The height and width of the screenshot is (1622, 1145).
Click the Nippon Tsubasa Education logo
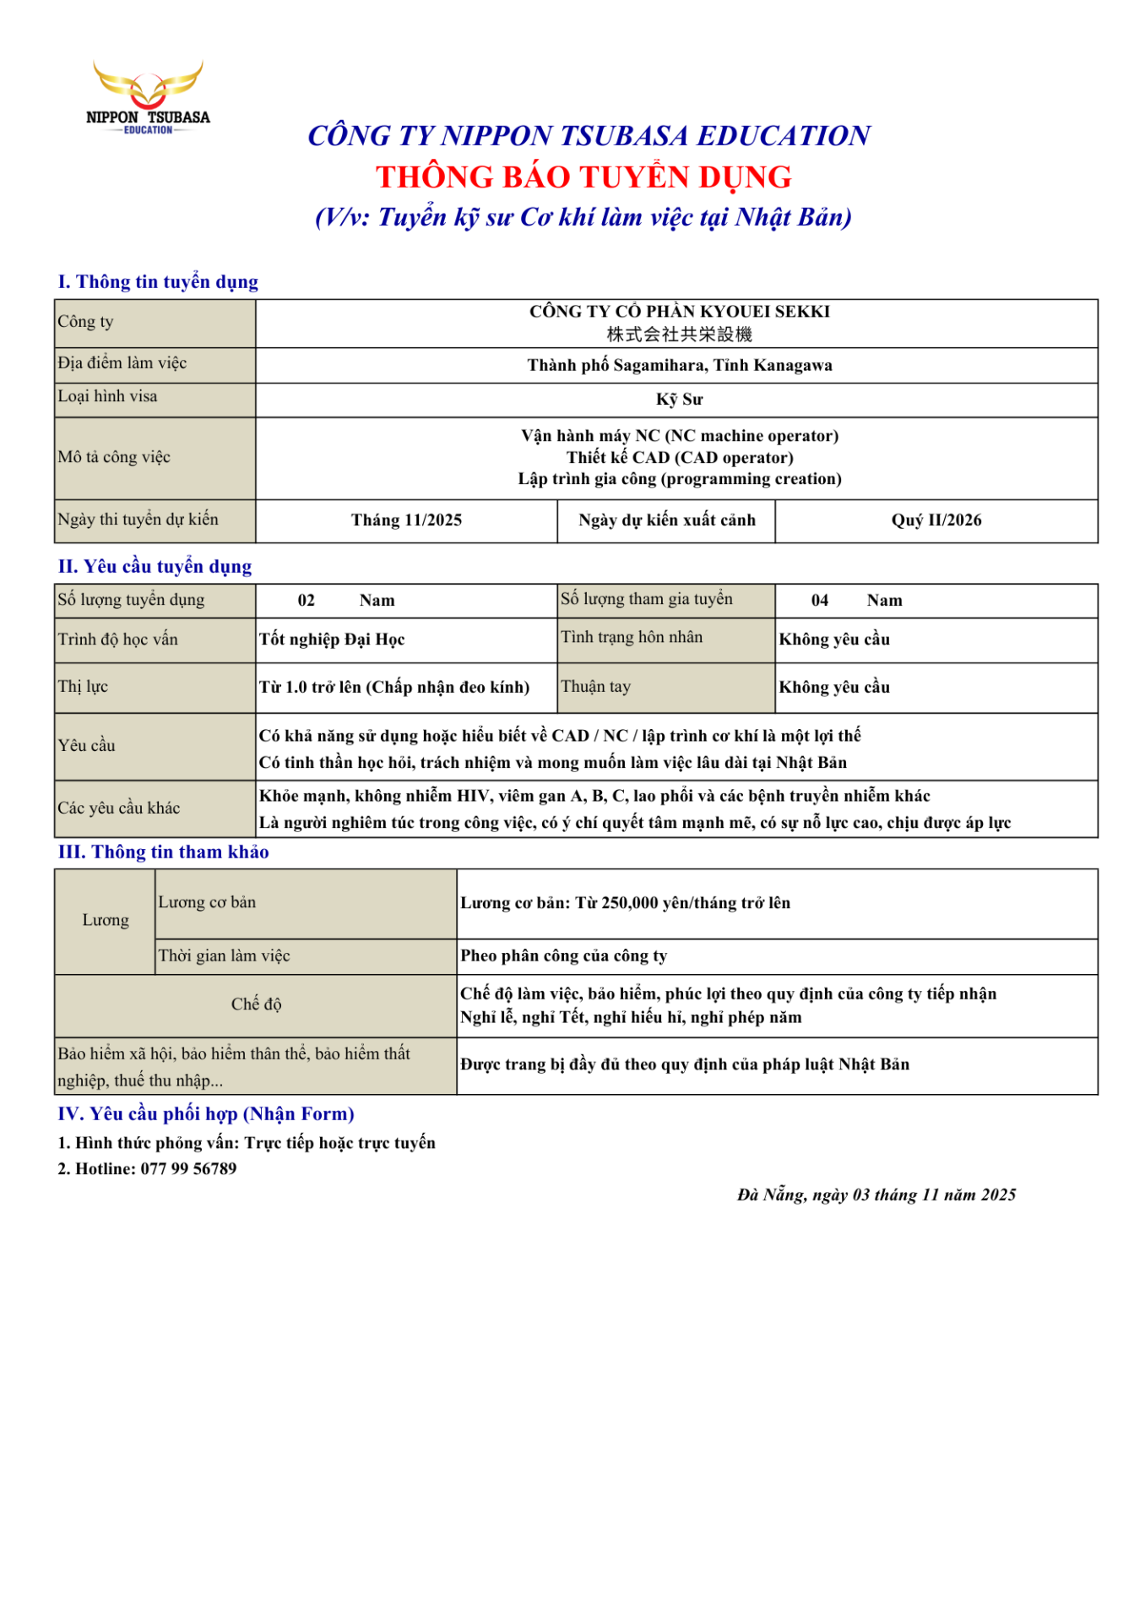pos(148,97)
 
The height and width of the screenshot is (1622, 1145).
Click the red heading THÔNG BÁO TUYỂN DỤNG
pos(583,177)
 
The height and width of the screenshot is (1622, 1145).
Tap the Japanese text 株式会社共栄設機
pos(679,335)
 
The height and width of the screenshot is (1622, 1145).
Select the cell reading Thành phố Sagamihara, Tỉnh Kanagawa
pos(679,365)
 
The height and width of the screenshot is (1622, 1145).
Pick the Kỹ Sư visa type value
pos(679,399)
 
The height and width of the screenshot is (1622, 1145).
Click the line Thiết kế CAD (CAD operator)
pos(679,457)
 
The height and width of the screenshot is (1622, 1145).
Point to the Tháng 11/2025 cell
pos(406,520)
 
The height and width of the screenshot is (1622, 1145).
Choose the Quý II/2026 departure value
pos(936,520)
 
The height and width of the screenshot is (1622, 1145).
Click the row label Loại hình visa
pos(107,396)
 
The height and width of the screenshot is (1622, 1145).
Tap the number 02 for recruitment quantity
pos(306,600)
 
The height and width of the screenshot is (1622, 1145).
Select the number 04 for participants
pos(819,600)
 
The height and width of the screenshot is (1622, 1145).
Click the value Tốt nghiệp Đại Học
pos(332,640)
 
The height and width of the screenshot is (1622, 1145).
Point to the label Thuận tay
pos(595,686)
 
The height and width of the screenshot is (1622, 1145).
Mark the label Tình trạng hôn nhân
pos(632,637)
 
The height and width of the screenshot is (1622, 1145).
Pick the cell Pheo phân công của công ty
pos(563,955)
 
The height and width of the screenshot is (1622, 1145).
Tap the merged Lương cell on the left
pos(106,920)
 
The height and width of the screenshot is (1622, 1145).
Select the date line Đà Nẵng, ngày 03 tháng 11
pos(876,1195)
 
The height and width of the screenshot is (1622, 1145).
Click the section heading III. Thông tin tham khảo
pos(163,852)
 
